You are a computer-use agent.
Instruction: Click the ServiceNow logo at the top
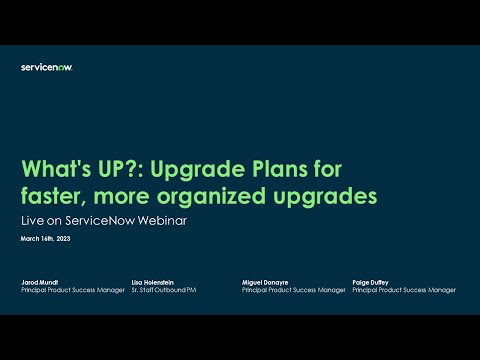click(x=46, y=67)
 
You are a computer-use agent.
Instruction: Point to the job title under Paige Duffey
click(x=404, y=291)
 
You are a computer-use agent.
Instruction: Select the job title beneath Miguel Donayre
click(x=294, y=291)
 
